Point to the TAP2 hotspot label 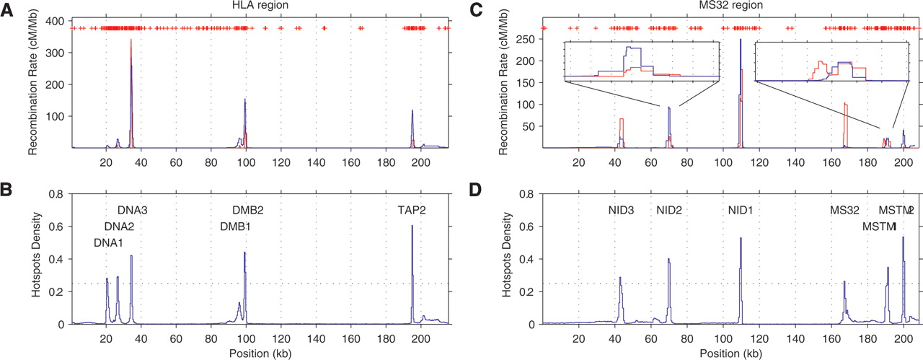pyautogui.click(x=412, y=211)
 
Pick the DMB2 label pyautogui.click(x=247, y=211)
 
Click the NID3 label pyautogui.click(x=620, y=211)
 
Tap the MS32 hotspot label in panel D pyautogui.click(x=844, y=211)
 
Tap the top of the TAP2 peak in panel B pyautogui.click(x=412, y=226)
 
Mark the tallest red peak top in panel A pyautogui.click(x=131, y=40)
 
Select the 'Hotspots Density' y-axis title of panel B pyautogui.click(x=35, y=259)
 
